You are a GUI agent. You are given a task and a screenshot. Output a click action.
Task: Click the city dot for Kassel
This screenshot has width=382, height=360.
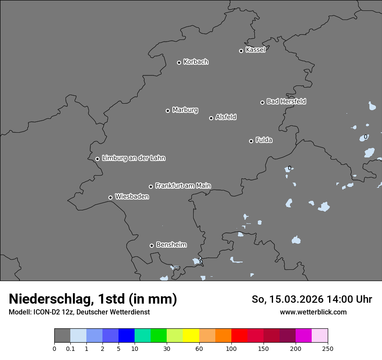[241, 51]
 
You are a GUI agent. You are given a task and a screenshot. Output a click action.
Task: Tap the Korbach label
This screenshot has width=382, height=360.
[196, 62]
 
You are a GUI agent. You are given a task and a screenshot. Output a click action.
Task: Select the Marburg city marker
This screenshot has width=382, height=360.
[168, 111]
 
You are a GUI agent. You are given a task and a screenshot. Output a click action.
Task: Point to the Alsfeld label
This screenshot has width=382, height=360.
[226, 117]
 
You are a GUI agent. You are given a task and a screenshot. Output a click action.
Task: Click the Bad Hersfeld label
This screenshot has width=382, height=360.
[286, 101]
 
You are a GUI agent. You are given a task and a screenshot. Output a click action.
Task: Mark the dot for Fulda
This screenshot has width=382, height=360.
[251, 141]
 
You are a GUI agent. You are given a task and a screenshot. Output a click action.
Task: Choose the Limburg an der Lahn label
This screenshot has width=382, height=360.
[133, 158]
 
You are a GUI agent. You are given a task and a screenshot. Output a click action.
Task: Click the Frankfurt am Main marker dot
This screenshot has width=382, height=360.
[151, 187]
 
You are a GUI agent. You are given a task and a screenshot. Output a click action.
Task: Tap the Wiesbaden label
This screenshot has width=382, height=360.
[132, 197]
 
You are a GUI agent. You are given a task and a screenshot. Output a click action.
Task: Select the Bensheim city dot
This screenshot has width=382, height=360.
[151, 245]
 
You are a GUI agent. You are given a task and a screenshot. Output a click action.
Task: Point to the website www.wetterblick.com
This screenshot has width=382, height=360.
[313, 312]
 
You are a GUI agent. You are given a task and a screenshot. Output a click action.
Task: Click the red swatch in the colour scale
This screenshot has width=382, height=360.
[239, 336]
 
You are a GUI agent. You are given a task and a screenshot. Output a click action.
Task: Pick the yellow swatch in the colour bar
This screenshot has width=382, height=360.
[191, 336]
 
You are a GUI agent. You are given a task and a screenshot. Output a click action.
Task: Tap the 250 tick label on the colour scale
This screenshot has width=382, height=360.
[328, 348]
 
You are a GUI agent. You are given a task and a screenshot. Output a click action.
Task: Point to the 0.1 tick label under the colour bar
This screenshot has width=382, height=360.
[70, 348]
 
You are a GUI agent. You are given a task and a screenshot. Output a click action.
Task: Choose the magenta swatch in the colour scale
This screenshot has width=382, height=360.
[303, 336]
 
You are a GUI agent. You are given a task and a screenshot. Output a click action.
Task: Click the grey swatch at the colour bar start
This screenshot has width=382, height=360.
[62, 336]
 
